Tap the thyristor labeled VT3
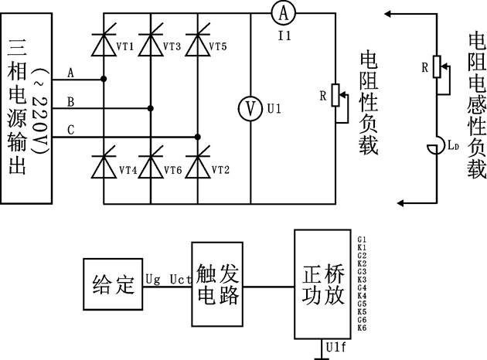(151, 45)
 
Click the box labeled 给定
(111, 285)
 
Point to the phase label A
(70, 73)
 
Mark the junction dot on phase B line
(151, 108)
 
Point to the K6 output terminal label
(362, 328)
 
